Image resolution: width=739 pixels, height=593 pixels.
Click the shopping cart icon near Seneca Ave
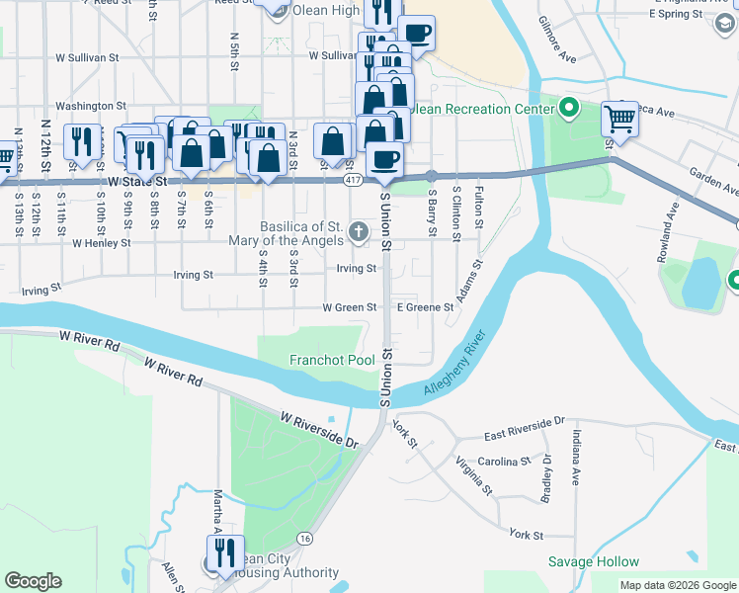click(618, 119)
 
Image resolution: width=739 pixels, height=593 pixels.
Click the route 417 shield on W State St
click(353, 181)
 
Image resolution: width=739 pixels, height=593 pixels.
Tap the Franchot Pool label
click(331, 361)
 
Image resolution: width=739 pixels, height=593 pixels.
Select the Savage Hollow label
click(594, 561)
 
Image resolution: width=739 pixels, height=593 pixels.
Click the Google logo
click(33, 581)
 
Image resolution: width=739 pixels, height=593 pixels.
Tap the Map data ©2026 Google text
click(677, 585)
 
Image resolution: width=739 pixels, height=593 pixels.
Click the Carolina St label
click(505, 462)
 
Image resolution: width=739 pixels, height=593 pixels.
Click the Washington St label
click(90, 106)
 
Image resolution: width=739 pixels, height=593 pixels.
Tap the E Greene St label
click(425, 307)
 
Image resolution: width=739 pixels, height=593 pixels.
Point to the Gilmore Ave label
click(556, 40)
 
